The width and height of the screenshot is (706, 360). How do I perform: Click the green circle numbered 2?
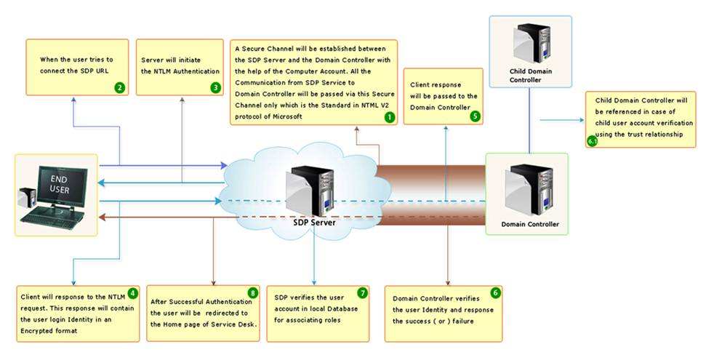click(x=119, y=88)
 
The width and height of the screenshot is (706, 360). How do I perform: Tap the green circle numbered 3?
click(x=215, y=88)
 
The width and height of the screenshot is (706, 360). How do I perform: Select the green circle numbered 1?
click(x=389, y=116)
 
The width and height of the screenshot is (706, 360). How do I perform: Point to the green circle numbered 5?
click(x=476, y=114)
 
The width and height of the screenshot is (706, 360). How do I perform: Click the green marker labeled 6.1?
click(x=593, y=141)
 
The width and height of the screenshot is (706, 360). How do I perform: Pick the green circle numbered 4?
click(x=132, y=294)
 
